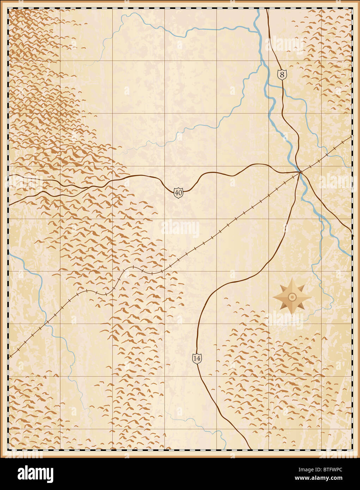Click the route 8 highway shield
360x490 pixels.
tap(282, 74)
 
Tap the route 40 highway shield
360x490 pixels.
tap(178, 192)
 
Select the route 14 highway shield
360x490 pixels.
tap(197, 358)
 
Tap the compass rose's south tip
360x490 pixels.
tap(292, 314)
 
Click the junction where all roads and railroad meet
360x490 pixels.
tap(300, 172)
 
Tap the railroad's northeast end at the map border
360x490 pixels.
tap(351, 136)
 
